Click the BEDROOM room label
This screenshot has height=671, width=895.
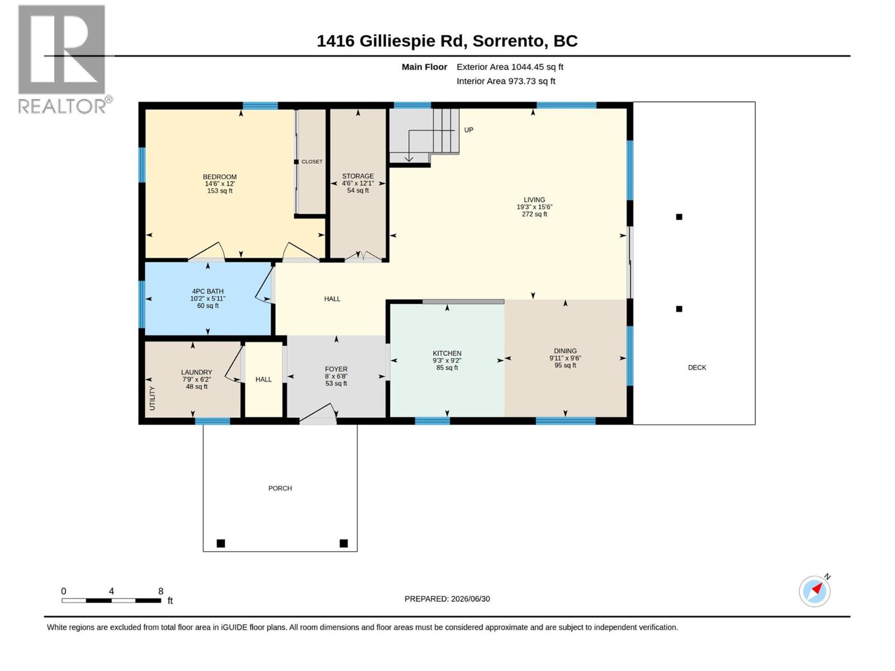[x=219, y=177]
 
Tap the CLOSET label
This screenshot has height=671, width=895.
[x=312, y=162]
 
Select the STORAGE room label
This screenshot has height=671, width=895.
[x=357, y=176]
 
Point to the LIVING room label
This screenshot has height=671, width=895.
[x=534, y=200]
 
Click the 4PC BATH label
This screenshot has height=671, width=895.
[x=208, y=291]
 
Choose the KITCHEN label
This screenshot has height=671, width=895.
[x=447, y=353]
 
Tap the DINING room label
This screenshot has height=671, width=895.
[x=565, y=351]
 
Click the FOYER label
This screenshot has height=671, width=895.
[x=336, y=369]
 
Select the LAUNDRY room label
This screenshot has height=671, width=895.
[x=196, y=372]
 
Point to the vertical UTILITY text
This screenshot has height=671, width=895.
[x=152, y=398]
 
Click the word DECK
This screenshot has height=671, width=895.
[x=697, y=367]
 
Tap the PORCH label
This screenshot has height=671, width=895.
[x=280, y=488]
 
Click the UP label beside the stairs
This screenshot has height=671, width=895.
[x=469, y=130]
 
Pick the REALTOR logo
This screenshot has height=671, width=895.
[x=65, y=59]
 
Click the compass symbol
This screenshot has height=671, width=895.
[x=814, y=591]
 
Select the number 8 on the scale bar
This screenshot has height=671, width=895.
[x=161, y=590]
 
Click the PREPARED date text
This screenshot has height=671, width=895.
[x=447, y=599]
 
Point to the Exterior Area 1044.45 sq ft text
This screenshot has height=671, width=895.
[x=510, y=67]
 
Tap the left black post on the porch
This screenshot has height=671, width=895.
[x=220, y=543]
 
